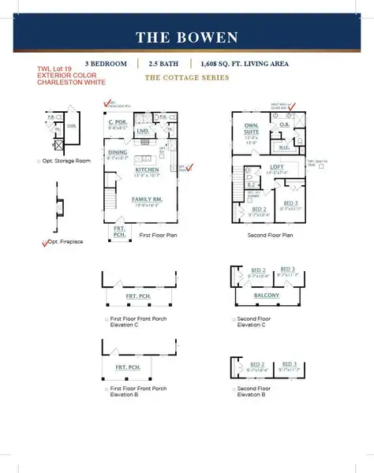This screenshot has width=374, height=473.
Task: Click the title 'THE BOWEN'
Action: tap(186, 37)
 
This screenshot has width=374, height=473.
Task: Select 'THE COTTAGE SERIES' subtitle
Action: tap(187, 77)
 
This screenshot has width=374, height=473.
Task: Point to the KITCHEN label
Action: tap(147, 169)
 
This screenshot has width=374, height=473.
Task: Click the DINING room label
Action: tap(118, 154)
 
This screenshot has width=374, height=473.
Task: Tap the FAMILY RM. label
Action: tap(147, 199)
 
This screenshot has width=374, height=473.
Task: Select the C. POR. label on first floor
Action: tap(118, 123)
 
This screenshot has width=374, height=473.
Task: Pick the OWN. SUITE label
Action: tap(251, 128)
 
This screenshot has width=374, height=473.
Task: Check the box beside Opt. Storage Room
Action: tap(39, 161)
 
